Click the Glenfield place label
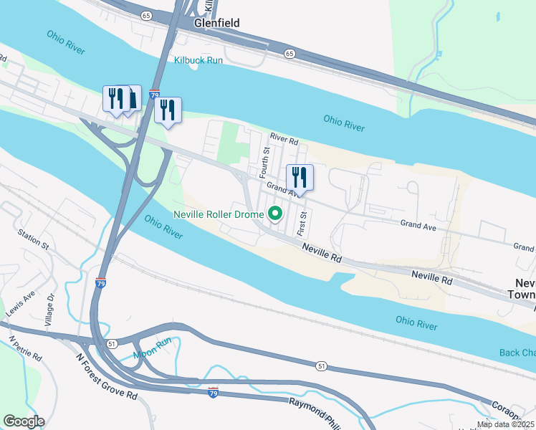(216, 23)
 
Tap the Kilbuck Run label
(198, 61)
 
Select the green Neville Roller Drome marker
(274, 214)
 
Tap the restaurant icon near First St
(300, 178)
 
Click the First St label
(303, 224)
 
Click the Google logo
(24, 421)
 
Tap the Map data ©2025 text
(505, 424)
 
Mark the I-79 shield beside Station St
(100, 283)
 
